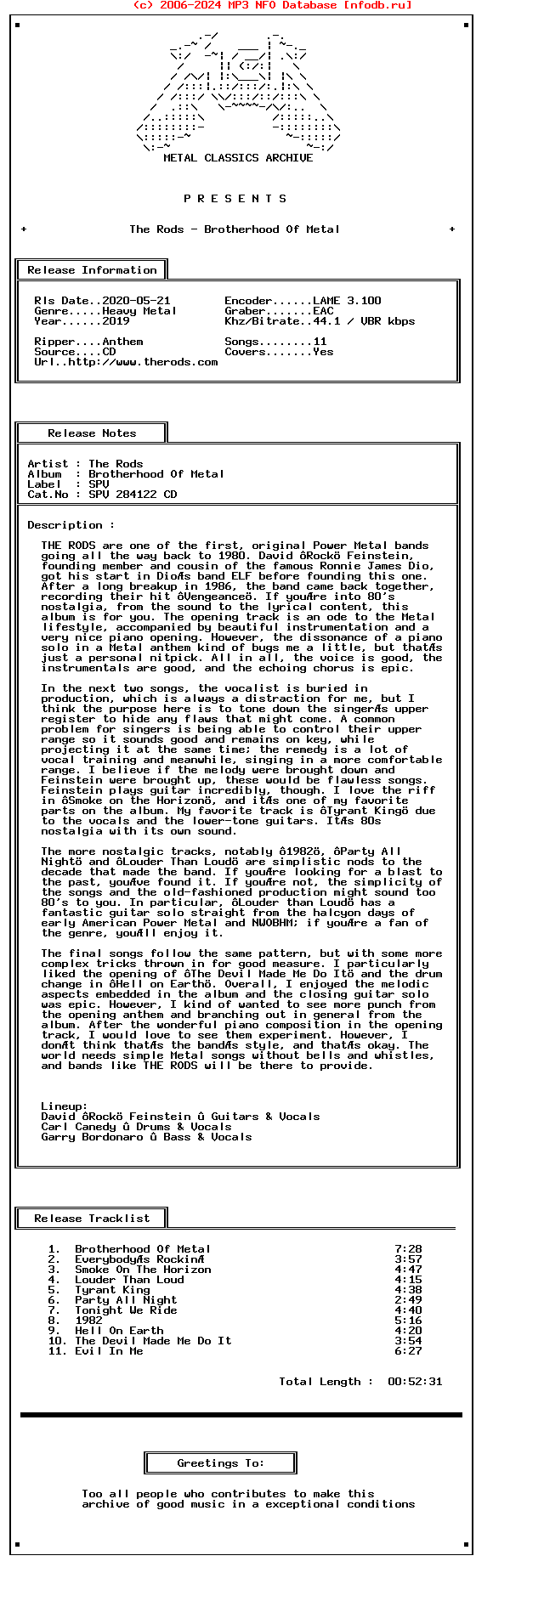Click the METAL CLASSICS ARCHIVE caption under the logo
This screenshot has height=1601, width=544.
tap(238, 158)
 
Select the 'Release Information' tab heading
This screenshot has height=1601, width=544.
tap(92, 270)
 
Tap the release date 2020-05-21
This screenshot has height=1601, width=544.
tap(136, 301)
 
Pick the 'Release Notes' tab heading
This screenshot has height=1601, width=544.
tap(92, 433)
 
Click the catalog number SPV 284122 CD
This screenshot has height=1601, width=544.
tap(133, 495)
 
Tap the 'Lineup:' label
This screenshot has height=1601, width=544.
tap(65, 1106)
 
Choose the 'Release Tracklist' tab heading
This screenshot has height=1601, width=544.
tap(92, 1219)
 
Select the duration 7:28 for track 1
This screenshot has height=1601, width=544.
tap(408, 1249)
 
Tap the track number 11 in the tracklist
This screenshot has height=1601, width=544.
tap(57, 1351)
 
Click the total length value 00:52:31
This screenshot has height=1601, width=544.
tap(415, 1382)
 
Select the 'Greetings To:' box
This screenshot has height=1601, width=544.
tap(221, 1463)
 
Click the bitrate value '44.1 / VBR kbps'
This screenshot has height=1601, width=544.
tap(364, 321)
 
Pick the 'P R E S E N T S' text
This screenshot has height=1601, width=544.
tap(235, 199)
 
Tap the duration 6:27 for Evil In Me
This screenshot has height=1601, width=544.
tap(408, 1351)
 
